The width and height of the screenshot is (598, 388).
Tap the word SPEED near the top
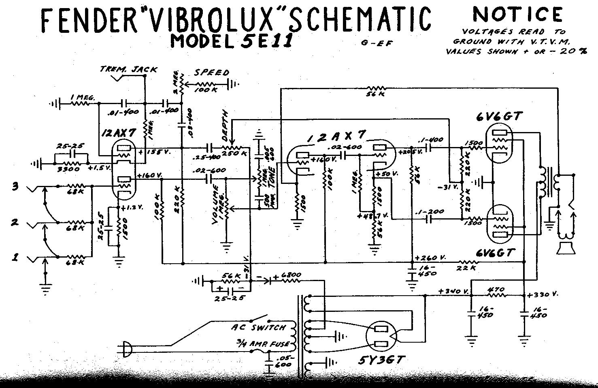(x=212, y=73)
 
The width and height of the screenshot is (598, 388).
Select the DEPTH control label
(x=226, y=122)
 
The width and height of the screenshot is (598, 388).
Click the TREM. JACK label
(x=128, y=69)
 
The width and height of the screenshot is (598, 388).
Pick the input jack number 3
(x=15, y=187)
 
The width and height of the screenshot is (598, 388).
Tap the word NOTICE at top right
(x=518, y=15)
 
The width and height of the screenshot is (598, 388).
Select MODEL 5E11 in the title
(x=231, y=41)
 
